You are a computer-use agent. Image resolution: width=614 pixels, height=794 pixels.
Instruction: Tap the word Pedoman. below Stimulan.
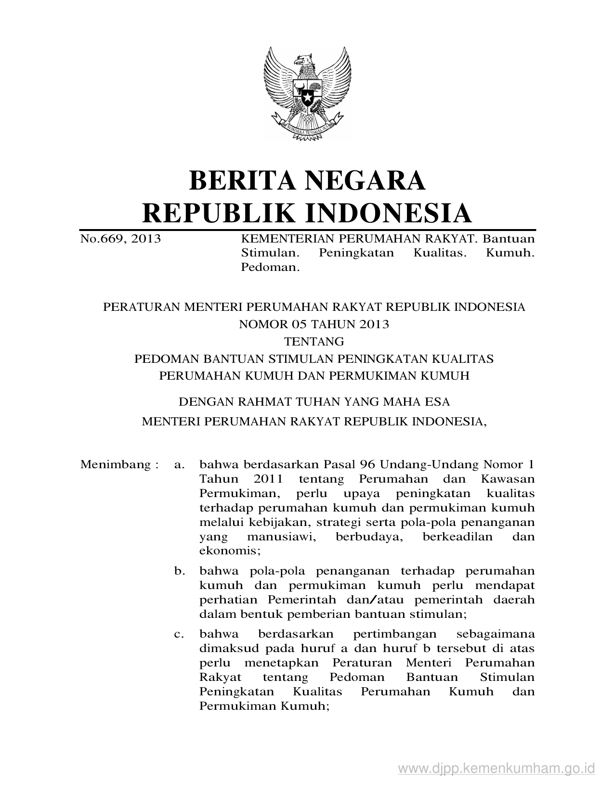click(x=270, y=267)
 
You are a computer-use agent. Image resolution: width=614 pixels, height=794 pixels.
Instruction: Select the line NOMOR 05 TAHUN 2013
click(x=314, y=324)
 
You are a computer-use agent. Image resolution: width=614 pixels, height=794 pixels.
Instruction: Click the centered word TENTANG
click(x=314, y=341)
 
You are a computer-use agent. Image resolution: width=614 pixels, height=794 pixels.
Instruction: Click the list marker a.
click(x=180, y=465)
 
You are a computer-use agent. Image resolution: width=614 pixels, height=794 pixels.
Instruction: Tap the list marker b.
click(x=180, y=571)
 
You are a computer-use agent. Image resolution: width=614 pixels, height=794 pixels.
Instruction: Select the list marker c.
click(x=180, y=634)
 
